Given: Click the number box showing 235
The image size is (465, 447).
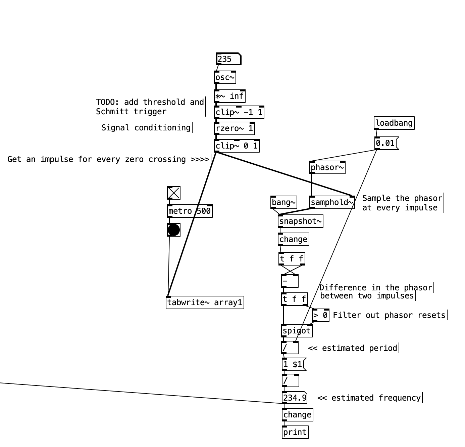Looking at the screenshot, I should pyautogui.click(x=228, y=59).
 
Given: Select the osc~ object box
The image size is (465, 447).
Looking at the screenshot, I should pyautogui.click(x=225, y=78).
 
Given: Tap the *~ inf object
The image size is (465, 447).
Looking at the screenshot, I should pyautogui.click(x=229, y=96).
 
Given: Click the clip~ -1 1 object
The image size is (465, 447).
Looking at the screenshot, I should pyautogui.click(x=239, y=112).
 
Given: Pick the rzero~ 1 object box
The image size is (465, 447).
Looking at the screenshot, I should pyautogui.click(x=234, y=128).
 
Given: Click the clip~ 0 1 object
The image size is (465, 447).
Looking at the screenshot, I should pyautogui.click(x=237, y=146).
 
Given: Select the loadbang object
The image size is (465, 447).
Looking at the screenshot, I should pyautogui.click(x=394, y=123).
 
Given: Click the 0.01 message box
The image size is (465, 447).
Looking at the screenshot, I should pyautogui.click(x=386, y=144).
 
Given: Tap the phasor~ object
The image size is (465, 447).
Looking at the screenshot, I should pyautogui.click(x=327, y=167).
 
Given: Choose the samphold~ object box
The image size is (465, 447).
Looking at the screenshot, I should pyautogui.click(x=332, y=202).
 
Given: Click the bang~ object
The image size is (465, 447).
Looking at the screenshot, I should pyautogui.click(x=284, y=202).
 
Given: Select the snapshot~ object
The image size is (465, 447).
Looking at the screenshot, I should pyautogui.click(x=300, y=221).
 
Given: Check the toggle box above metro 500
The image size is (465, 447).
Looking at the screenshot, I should pyautogui.click(x=174, y=193).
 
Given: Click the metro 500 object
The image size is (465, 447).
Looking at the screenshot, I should pyautogui.click(x=190, y=211).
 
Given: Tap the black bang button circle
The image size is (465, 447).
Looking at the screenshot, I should pyautogui.click(x=174, y=230).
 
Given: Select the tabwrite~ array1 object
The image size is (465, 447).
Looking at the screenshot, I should pyautogui.click(x=205, y=302).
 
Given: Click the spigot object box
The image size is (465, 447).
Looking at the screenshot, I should pyautogui.click(x=297, y=331).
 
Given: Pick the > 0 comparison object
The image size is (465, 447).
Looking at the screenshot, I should pyautogui.click(x=320, y=315).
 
